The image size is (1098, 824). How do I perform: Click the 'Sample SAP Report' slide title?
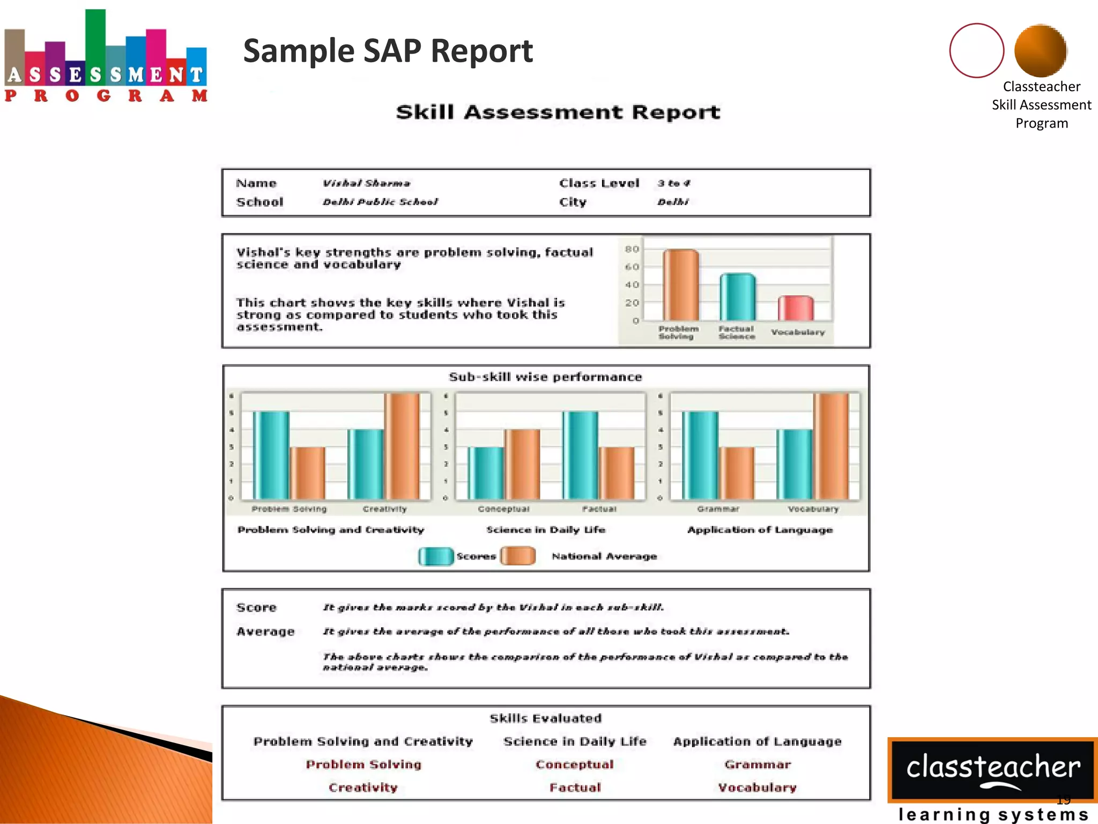pos(388,51)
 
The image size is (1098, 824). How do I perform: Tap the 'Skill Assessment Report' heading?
pos(558,112)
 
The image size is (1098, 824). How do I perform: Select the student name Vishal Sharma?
pos(366,183)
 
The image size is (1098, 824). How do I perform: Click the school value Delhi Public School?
pos(380,202)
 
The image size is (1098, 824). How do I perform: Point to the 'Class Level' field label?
pos(599,183)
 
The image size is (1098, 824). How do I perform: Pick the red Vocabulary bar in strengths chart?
pos(796,308)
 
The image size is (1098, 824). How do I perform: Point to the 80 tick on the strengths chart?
pos(632,249)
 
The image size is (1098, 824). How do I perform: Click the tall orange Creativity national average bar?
pos(402,446)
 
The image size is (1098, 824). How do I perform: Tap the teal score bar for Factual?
pos(580,455)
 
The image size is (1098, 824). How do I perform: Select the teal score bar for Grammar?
pos(700,455)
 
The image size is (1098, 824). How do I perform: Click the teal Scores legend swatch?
pos(435,556)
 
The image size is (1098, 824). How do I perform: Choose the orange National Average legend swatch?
pos(517,556)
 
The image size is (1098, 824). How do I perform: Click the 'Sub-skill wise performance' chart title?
pos(545,377)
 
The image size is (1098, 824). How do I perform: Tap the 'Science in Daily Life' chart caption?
pos(546,530)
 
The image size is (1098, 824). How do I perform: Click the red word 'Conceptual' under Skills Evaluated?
pos(574,764)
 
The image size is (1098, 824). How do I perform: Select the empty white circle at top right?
pos(976,50)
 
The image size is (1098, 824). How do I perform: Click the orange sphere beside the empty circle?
pos(1040,50)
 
